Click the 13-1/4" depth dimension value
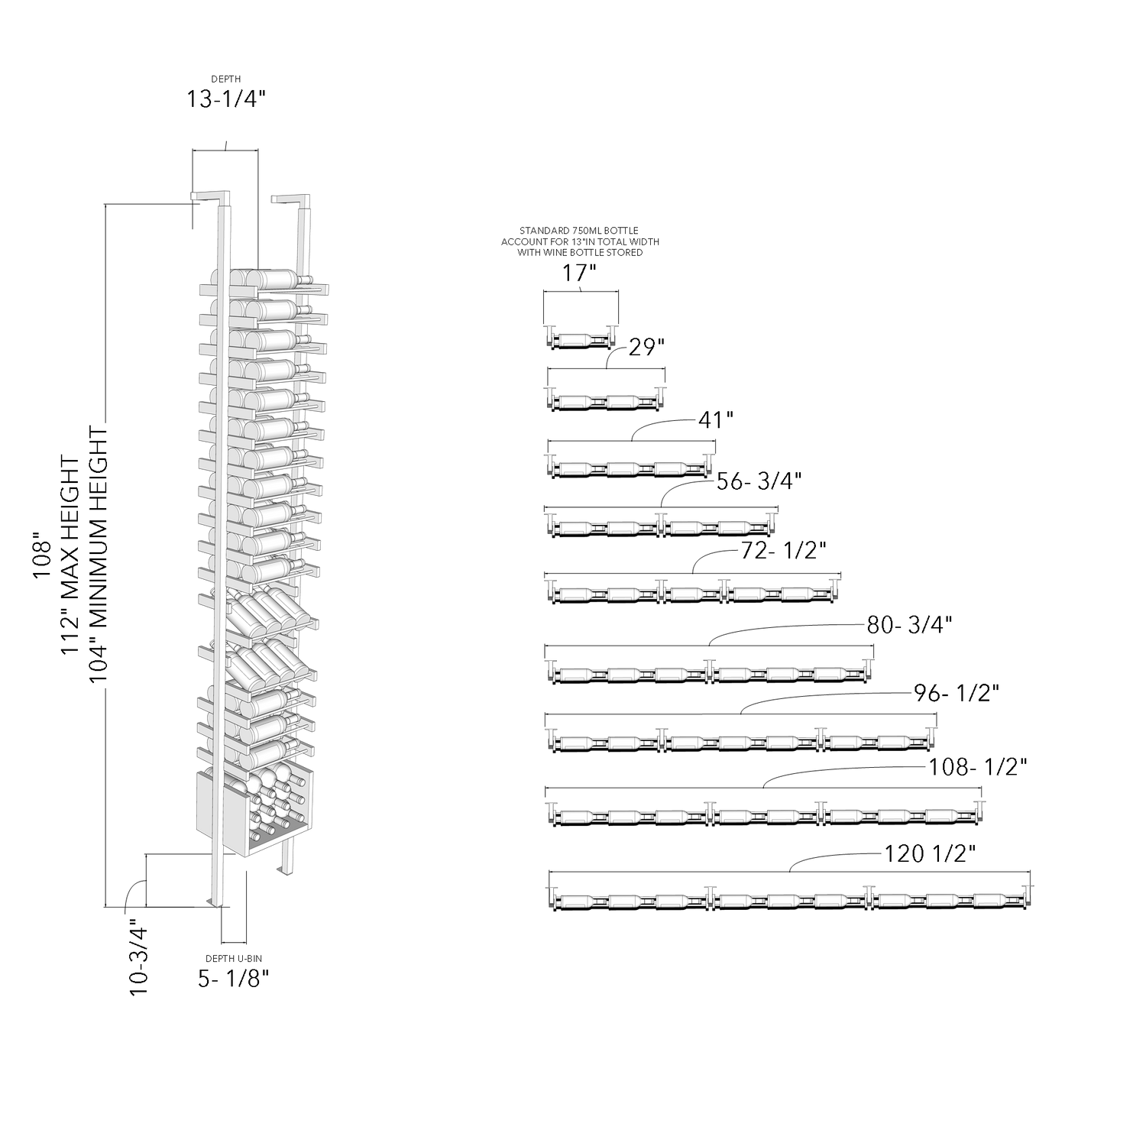point(226,100)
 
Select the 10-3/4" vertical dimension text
point(139,956)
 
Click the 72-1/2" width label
point(784,550)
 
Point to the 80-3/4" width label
point(909,625)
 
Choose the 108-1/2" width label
point(977,767)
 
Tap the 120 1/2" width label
point(931,853)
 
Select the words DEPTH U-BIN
point(234,959)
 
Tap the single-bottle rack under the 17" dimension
point(581,338)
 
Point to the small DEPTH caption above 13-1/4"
point(226,79)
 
